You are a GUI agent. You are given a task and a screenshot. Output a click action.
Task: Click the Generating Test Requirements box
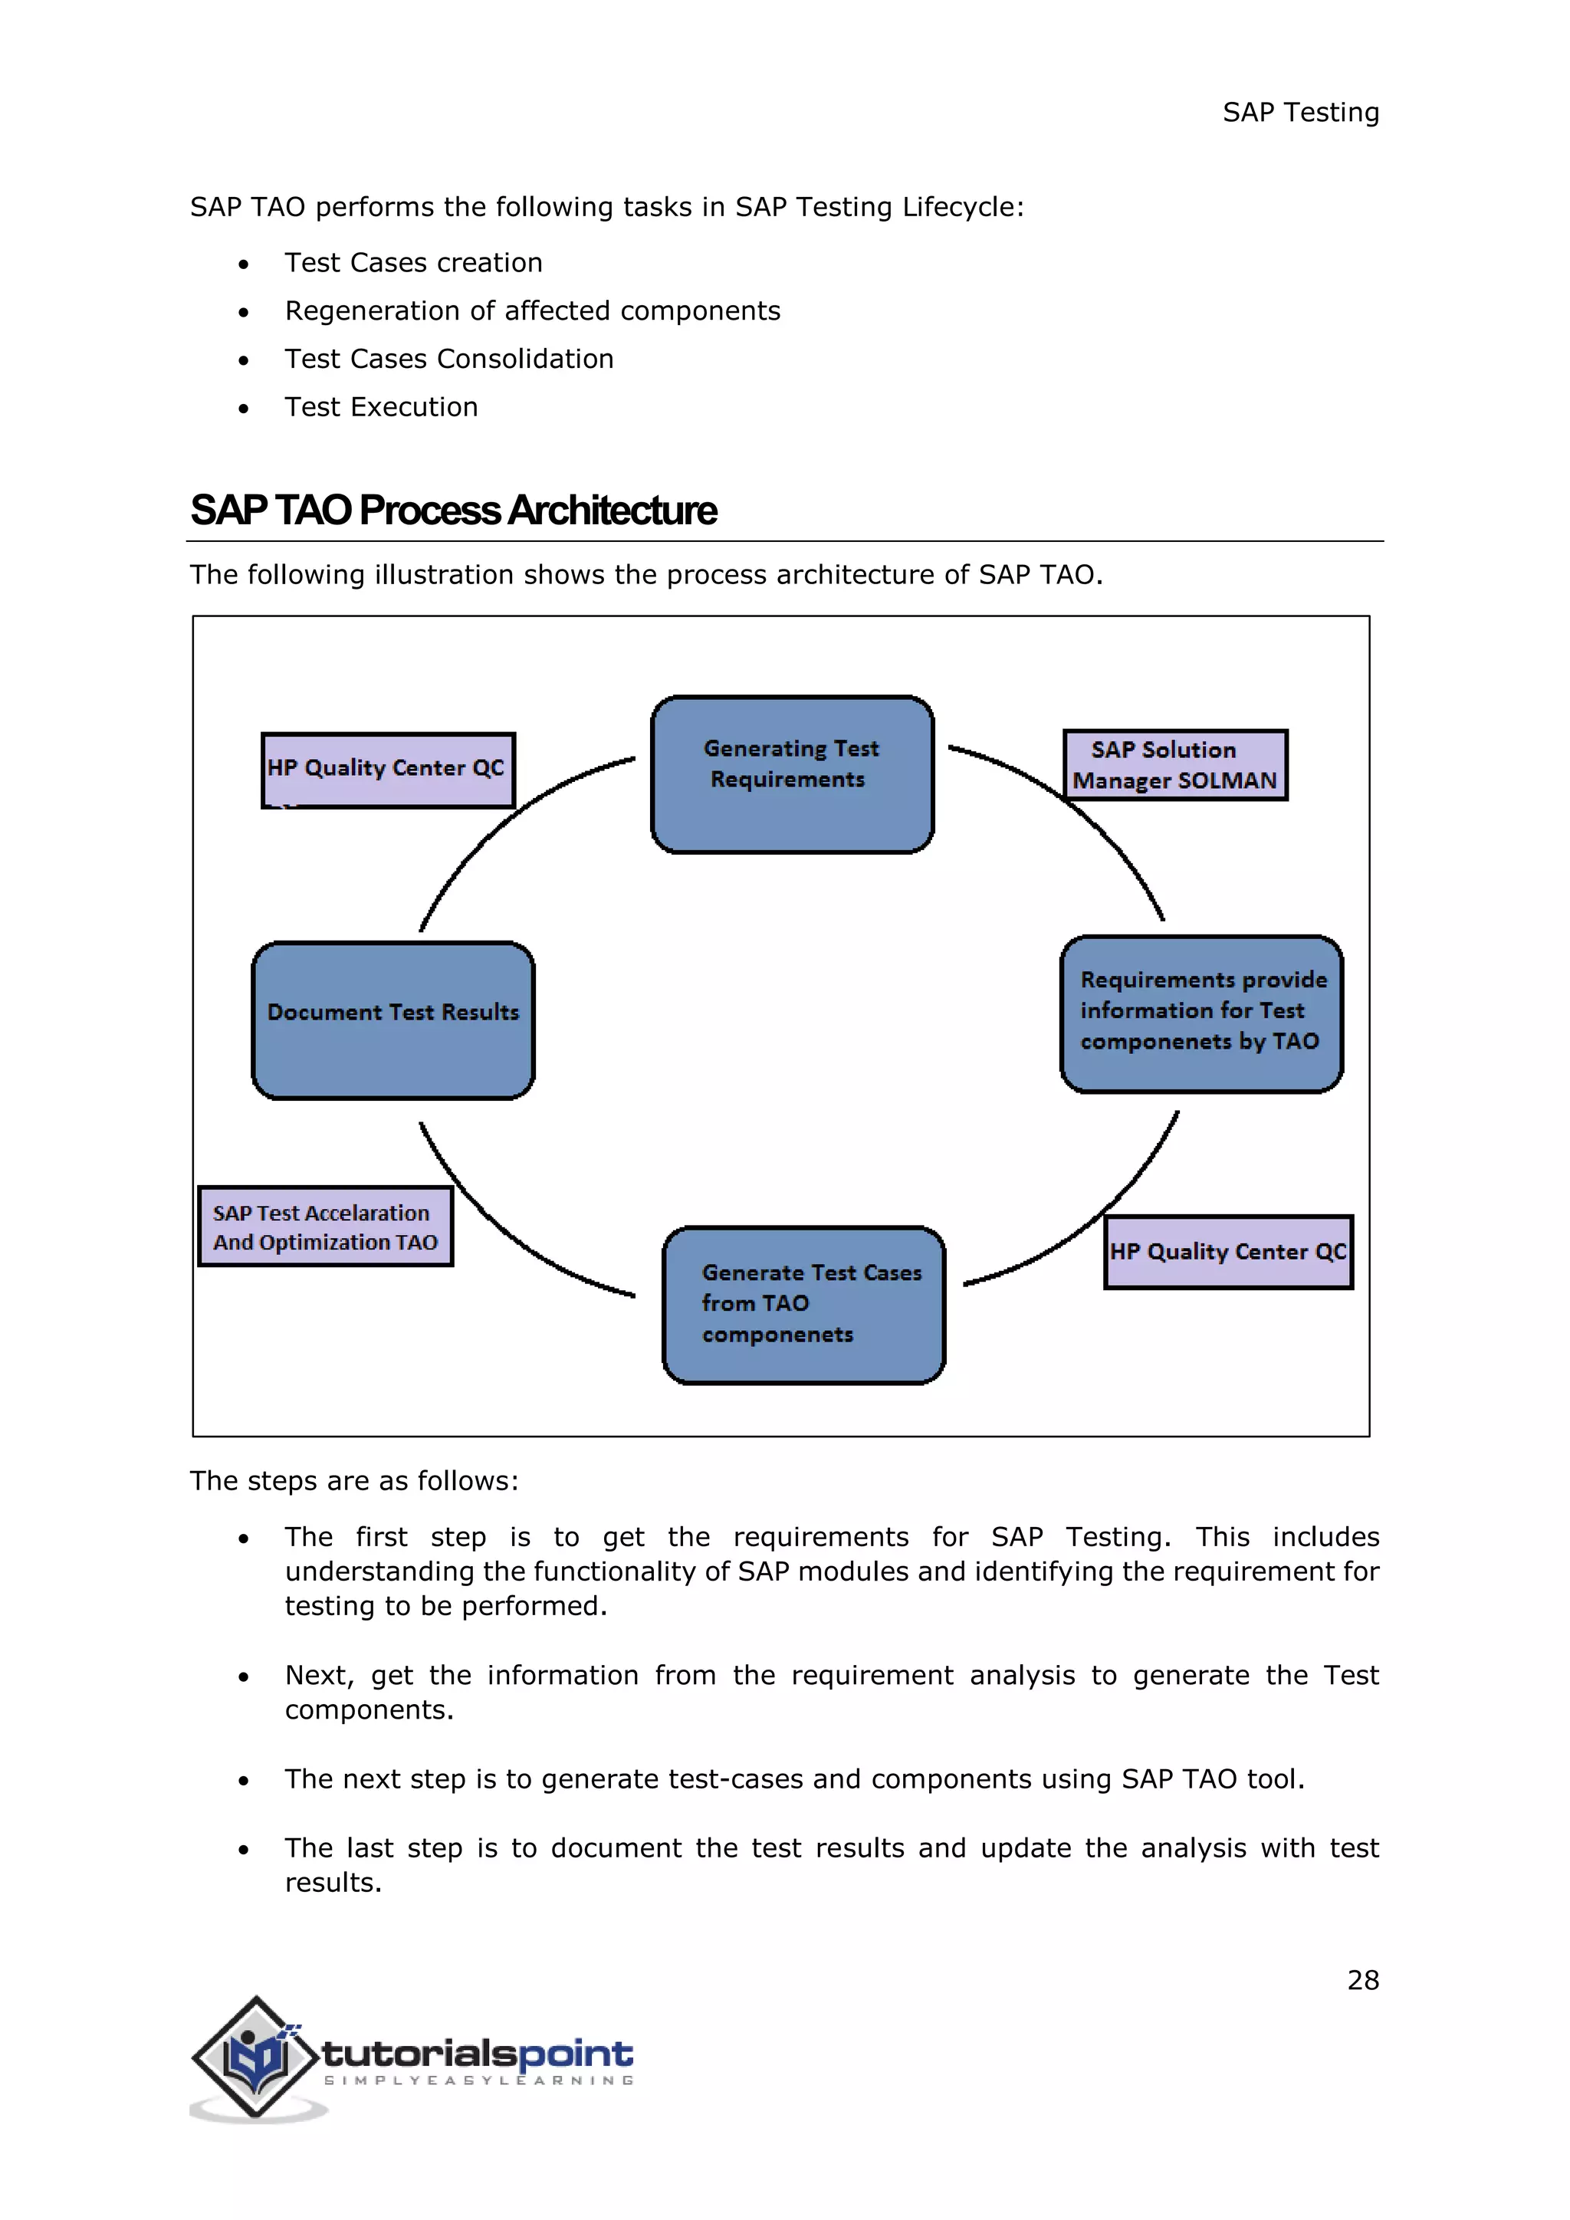(792, 774)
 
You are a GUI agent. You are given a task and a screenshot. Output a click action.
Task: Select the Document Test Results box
(392, 1020)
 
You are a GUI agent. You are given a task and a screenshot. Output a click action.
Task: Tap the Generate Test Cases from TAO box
(803, 1305)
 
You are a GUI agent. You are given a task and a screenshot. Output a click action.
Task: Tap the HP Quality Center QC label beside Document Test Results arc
(388, 770)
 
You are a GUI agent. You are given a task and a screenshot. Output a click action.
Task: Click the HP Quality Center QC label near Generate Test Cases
(1228, 1252)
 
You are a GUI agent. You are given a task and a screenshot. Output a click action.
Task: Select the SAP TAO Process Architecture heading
(452, 511)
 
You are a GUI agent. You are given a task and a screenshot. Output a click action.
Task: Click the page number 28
(1362, 1980)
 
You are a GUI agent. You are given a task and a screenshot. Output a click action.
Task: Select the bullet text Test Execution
(381, 407)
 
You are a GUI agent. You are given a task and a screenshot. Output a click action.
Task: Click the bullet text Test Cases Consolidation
(448, 359)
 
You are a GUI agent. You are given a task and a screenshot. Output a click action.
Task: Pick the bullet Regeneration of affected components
(532, 310)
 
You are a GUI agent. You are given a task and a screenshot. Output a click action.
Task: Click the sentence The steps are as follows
(354, 1480)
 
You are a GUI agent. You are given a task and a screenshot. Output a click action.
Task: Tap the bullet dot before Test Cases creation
(244, 264)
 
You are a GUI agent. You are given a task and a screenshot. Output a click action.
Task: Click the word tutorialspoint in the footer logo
(477, 2051)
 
